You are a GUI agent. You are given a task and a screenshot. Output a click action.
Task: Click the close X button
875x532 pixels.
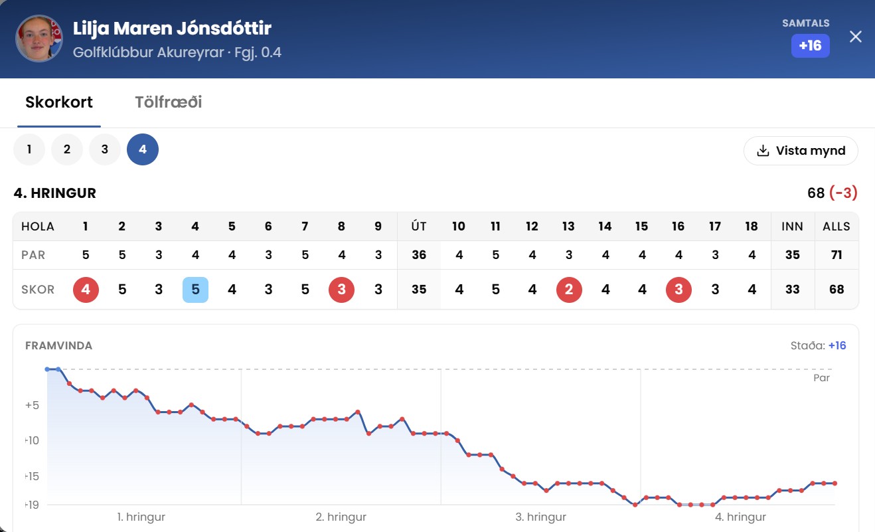[856, 37]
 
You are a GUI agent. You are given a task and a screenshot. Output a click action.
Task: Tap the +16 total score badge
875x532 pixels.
[810, 46]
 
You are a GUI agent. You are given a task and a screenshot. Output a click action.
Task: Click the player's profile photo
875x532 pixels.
[39, 39]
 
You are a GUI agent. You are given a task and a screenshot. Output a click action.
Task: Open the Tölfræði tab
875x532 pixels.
[169, 102]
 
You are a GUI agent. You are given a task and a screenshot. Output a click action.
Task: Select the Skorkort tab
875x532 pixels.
[59, 102]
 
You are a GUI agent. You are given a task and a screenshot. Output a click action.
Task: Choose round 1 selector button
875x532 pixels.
[29, 149]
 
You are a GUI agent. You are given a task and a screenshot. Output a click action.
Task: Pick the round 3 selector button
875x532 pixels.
[105, 149]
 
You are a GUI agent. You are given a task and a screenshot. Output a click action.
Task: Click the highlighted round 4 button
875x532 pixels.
[143, 149]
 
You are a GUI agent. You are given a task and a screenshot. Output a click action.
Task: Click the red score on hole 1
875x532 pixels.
[86, 290]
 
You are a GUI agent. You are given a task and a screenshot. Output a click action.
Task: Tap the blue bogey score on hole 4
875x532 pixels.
[195, 290]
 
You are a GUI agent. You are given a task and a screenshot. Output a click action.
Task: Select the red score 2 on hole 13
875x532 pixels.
[569, 290]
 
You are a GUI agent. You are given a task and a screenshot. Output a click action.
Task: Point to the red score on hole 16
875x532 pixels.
[678, 290]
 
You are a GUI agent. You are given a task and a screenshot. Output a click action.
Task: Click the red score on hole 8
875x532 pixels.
[341, 290]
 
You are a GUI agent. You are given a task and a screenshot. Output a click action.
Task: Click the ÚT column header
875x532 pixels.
[419, 226]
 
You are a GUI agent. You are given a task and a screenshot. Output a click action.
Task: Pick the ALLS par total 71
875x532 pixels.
[836, 255]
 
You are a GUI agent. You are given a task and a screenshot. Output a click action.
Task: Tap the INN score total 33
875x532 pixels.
[792, 290]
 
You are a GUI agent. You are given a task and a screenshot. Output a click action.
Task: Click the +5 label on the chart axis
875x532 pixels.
[32, 405]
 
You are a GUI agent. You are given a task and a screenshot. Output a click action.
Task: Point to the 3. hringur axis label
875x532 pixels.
[540, 517]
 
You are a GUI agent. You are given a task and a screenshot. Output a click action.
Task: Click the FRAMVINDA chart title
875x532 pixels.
[58, 345]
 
